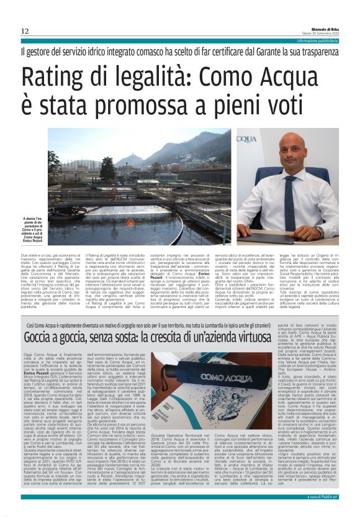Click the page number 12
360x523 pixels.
25,31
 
